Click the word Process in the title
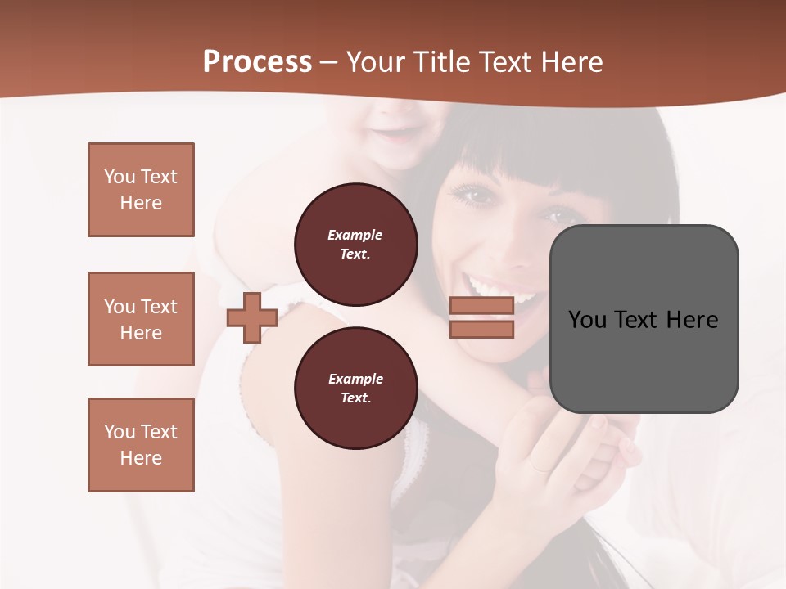(x=257, y=62)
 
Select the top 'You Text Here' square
(x=141, y=190)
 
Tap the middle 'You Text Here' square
(x=141, y=319)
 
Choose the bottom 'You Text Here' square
(x=141, y=445)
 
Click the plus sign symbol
(x=252, y=318)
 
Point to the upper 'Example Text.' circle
(x=355, y=244)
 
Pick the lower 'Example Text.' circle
(x=355, y=388)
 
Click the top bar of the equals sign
(x=482, y=305)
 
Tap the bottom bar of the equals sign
(x=482, y=329)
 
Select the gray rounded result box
(x=644, y=319)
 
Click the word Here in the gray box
(x=692, y=320)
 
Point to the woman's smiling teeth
(x=501, y=289)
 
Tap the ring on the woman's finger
(x=540, y=468)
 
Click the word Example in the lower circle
(x=355, y=379)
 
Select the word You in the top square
(x=119, y=177)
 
